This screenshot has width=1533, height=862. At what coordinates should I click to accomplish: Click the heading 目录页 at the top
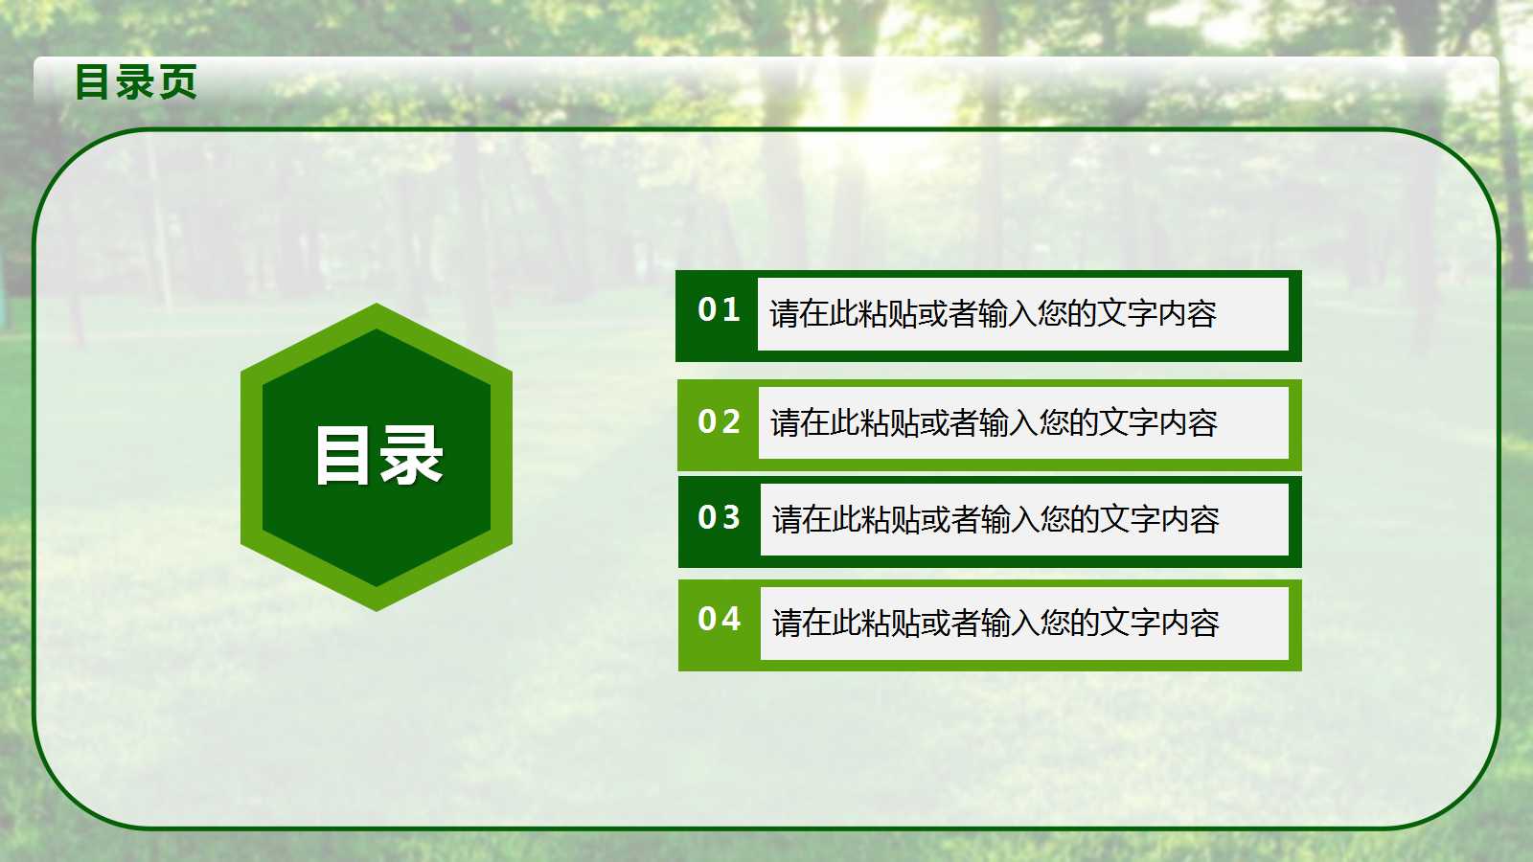tap(136, 81)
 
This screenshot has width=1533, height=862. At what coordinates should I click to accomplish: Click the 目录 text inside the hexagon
tap(378, 456)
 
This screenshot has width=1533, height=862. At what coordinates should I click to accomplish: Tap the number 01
tap(719, 309)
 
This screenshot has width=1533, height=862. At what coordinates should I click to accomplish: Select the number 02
tap(719, 421)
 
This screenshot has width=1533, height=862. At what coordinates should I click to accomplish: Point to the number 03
tap(719, 517)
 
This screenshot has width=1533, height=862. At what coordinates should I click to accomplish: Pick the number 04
tap(719, 619)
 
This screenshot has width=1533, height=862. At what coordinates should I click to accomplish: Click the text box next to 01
tap(1022, 314)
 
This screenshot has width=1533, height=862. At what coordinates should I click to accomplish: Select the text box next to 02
tap(1022, 422)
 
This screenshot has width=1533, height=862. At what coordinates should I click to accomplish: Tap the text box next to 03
tap(1023, 519)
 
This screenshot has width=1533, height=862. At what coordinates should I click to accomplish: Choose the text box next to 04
tap(1023, 623)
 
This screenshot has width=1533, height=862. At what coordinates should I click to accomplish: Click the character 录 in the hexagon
tap(412, 456)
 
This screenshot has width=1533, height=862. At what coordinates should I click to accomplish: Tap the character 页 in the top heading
tap(178, 81)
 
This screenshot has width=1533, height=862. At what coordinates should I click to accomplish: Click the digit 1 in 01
tap(732, 309)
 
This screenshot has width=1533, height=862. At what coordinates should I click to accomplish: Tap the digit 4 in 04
tap(732, 619)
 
